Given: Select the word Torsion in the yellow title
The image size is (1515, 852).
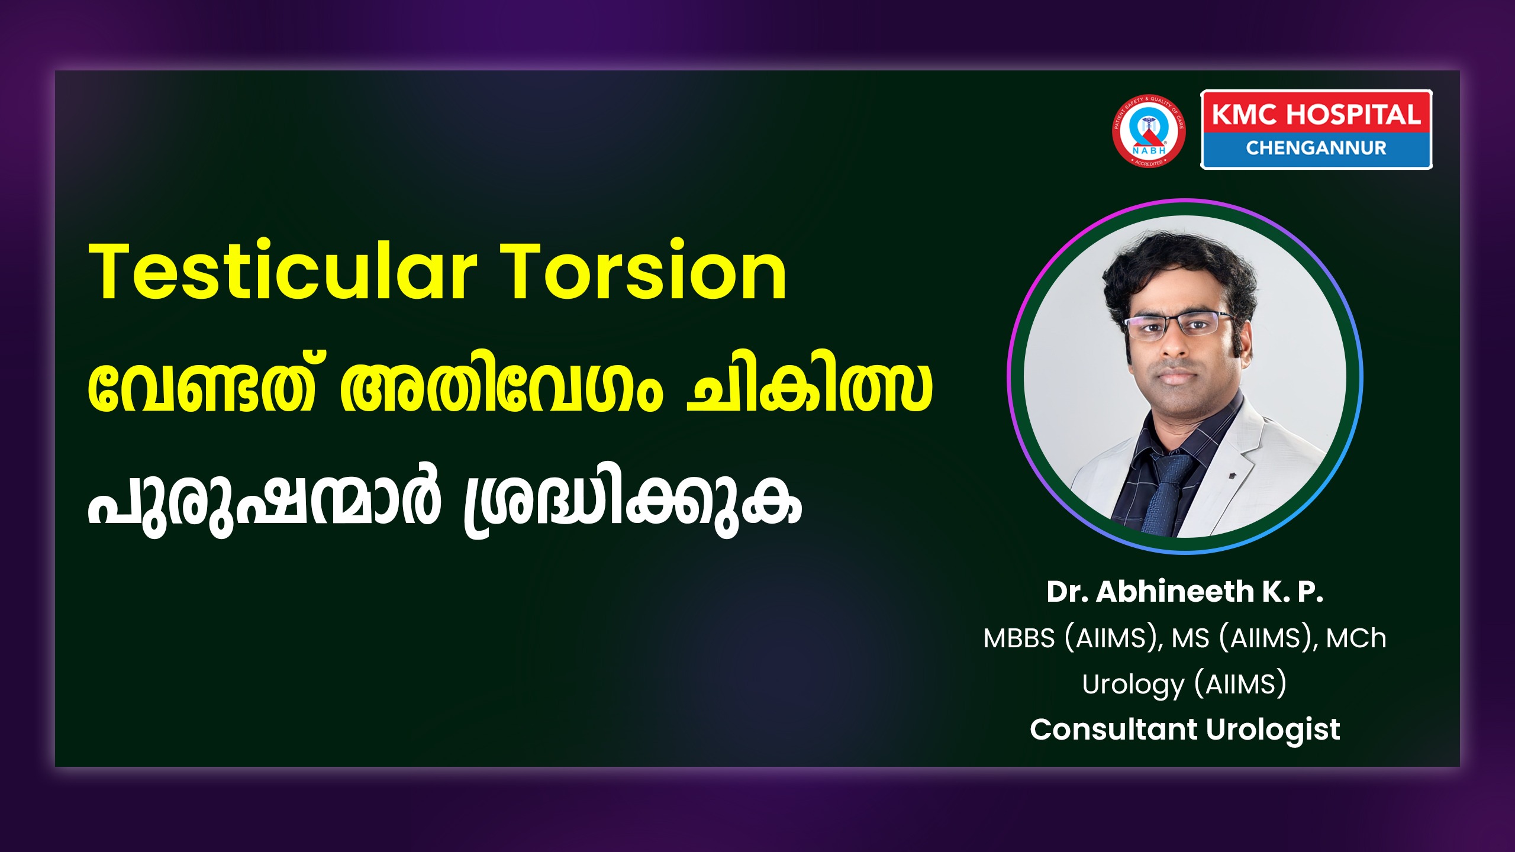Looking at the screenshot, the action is click(x=643, y=271).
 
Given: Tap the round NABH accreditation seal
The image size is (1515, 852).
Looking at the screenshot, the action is click(x=1149, y=131).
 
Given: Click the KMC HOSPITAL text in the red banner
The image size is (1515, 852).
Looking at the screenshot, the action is click(x=1316, y=115).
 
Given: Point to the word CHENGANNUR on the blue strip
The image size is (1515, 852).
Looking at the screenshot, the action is click(x=1316, y=148).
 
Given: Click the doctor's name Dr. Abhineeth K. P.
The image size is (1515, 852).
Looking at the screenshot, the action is click(x=1185, y=592).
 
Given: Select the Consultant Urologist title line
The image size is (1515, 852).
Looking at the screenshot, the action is click(x=1185, y=730).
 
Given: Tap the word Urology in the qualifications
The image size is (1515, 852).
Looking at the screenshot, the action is click(x=1133, y=685).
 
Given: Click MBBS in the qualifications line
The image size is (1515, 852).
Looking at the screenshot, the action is click(x=1019, y=638).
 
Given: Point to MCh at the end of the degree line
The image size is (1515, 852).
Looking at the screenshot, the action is click(x=1356, y=638).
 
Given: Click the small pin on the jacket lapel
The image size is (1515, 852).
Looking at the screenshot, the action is click(x=1234, y=475).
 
